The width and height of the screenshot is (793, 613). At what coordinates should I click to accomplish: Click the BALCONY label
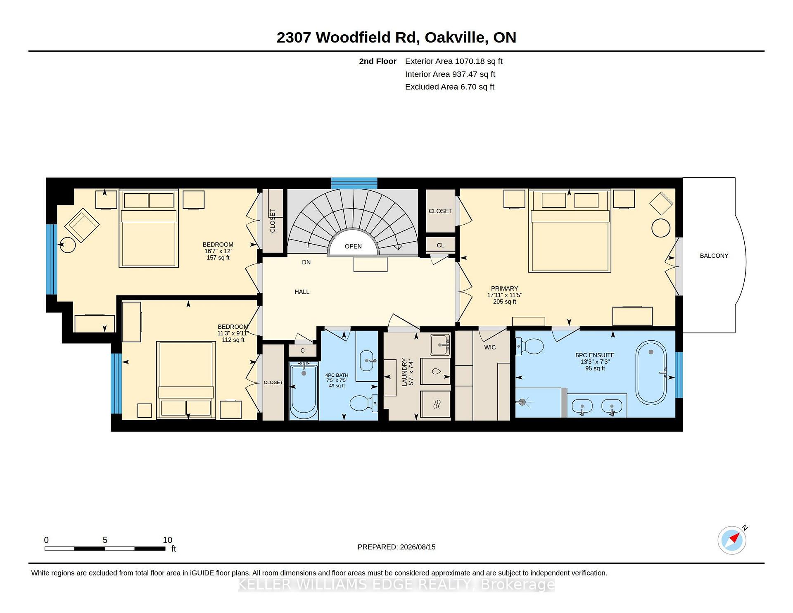(x=714, y=256)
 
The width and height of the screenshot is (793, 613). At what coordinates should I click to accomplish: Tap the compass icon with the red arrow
(x=732, y=540)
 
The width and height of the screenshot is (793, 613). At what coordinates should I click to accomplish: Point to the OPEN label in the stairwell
(x=353, y=246)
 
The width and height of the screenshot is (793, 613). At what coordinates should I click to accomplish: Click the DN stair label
(x=306, y=262)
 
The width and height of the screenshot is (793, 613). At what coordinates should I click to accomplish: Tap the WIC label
(x=490, y=347)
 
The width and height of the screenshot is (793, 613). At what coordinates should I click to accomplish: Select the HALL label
(x=302, y=292)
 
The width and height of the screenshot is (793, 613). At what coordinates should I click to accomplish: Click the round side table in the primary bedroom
(x=661, y=228)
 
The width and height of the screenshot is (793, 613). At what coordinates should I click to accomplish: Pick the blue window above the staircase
(x=354, y=183)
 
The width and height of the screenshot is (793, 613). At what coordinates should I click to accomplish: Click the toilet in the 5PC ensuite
(x=529, y=347)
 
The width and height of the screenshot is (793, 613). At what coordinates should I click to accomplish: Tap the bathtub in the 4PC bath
(x=304, y=390)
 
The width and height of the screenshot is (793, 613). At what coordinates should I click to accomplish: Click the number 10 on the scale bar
(x=167, y=540)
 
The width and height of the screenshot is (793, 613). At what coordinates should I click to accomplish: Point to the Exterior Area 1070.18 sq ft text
(x=453, y=61)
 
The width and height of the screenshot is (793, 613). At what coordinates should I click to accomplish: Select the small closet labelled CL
(x=441, y=245)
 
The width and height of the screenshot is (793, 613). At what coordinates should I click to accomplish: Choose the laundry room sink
(x=440, y=345)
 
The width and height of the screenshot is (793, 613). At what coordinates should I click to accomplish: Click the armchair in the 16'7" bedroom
(x=82, y=225)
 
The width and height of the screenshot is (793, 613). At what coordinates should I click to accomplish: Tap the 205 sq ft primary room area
(x=504, y=302)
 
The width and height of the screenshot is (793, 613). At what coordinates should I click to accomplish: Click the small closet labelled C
(x=302, y=351)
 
